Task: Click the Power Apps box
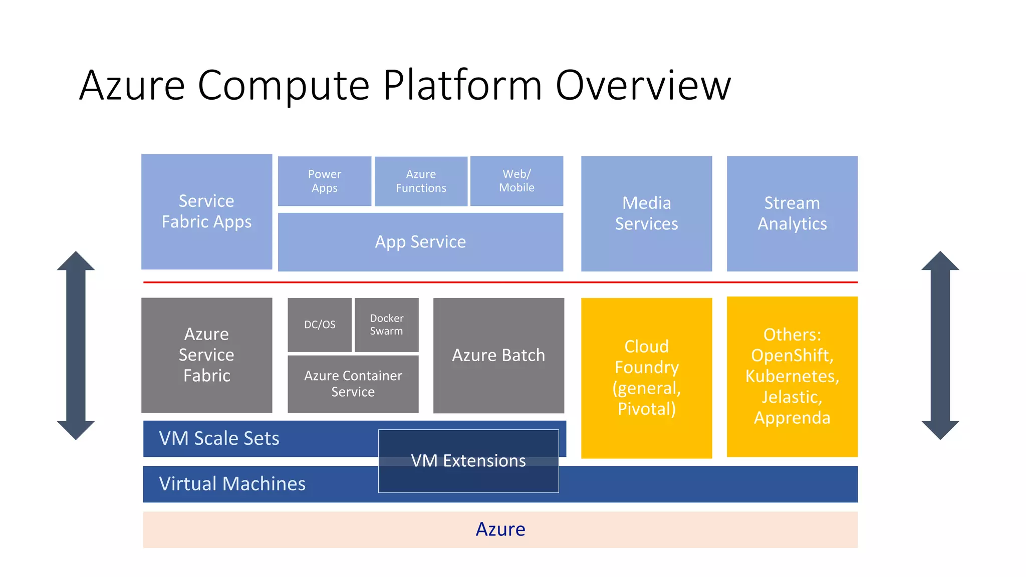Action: point(325,181)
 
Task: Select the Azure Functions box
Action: point(421,181)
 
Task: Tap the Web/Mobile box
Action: point(517,181)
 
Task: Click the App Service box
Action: point(420,242)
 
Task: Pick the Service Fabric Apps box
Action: point(207,211)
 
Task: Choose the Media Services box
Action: point(646,213)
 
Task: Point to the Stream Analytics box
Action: point(792,213)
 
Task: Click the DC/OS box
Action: point(320,325)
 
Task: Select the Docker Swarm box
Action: point(387,325)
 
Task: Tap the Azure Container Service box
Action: point(353,384)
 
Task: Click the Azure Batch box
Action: point(498,356)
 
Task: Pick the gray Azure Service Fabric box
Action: point(207,355)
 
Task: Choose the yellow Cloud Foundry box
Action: point(646,378)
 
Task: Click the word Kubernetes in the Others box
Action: point(792,376)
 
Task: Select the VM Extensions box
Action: point(468,461)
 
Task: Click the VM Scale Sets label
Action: point(219,438)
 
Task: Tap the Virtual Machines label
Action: point(232,484)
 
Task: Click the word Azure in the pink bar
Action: point(500,529)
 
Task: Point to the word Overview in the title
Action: point(643,85)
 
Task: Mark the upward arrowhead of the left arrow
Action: point(76,260)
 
